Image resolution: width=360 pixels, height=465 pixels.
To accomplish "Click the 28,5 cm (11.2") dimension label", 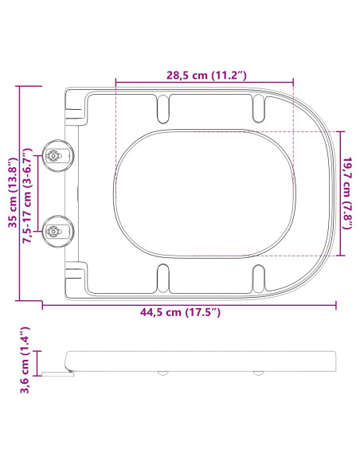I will tap(205, 75).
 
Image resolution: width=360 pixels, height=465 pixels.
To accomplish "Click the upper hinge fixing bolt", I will tap(56, 157).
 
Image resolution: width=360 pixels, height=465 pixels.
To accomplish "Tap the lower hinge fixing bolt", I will tap(56, 232).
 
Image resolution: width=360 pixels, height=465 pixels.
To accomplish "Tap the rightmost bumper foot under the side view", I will tap(258, 372).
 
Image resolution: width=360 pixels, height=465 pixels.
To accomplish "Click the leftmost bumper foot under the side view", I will tap(163, 372).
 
